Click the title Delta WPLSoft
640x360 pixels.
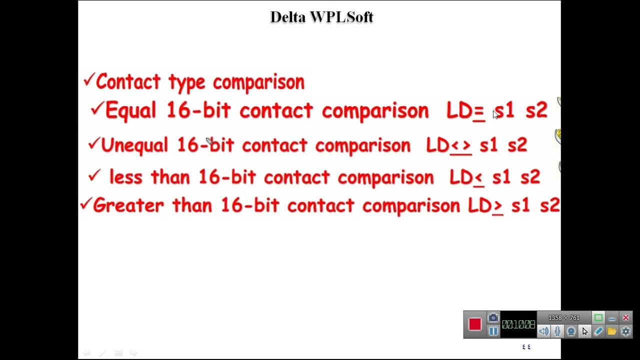(321, 17)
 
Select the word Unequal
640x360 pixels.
(134, 145)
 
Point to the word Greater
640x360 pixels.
(128, 205)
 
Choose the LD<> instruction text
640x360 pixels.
(448, 145)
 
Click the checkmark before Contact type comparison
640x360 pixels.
(89, 79)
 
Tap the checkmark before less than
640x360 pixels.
(94, 175)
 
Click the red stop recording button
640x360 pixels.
(475, 324)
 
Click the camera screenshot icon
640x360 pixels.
(493, 318)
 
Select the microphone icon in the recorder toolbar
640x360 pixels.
(557, 331)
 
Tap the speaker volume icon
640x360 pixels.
(544, 331)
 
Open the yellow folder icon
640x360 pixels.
(612, 331)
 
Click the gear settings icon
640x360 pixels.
(625, 331)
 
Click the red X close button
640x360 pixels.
(625, 318)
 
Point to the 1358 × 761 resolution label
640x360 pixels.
(564, 318)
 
